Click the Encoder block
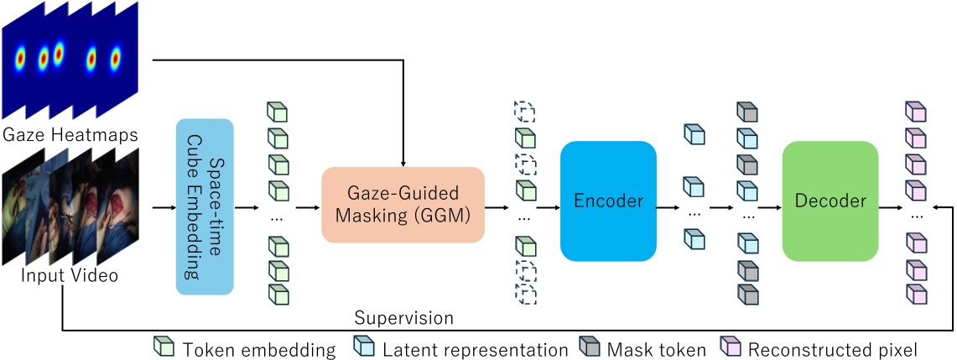607,201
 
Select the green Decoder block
830,201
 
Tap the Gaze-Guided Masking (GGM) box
403,205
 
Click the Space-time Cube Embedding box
204,206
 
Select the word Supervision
403,318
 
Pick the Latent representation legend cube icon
365,347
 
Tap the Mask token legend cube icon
590,347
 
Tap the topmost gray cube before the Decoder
746,112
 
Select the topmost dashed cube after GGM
525,111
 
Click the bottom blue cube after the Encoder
694,240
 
